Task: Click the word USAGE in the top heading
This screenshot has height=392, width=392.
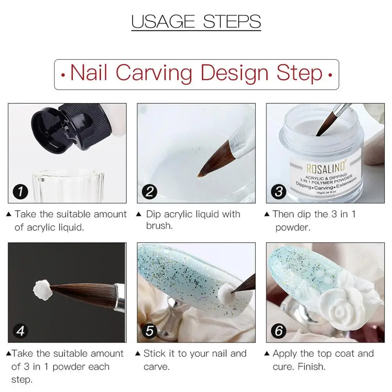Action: point(163,22)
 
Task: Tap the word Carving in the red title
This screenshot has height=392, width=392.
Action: point(154,73)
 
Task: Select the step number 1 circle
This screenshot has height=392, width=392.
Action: point(20,192)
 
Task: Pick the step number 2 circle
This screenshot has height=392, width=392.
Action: point(150,192)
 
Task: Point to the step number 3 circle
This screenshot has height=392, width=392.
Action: point(278,192)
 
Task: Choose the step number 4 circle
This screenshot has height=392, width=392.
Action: point(20,331)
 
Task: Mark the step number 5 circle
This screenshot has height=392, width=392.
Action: point(150,331)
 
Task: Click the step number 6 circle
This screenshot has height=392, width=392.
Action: point(278,331)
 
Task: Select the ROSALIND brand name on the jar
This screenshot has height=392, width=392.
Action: point(326,167)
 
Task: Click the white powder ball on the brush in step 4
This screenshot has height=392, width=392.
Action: point(42,290)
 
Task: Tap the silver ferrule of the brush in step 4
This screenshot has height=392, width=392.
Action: point(120,298)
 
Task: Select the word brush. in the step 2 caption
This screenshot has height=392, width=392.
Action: point(159,226)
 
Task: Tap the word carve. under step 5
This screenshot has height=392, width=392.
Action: point(157,367)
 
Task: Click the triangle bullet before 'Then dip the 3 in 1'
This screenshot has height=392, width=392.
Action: point(267,214)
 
